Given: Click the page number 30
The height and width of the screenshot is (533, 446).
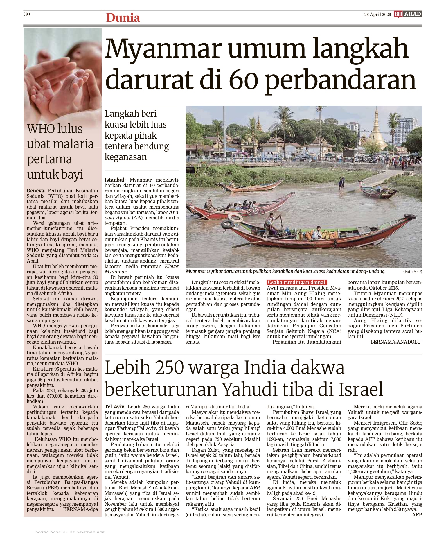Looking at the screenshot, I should (x=27, y=14).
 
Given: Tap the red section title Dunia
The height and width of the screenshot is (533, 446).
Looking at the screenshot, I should (x=123, y=18).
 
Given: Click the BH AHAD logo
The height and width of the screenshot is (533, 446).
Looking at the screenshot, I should (x=408, y=14).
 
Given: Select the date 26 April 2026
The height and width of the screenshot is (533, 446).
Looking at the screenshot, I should (x=377, y=15).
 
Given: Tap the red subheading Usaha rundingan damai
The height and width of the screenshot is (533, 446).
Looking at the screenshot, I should (x=296, y=282).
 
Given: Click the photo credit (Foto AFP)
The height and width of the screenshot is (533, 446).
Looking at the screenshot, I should (x=412, y=272).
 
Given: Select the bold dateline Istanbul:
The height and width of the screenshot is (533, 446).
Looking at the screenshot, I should (x=115, y=180).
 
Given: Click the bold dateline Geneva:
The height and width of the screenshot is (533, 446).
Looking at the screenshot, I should (x=36, y=191).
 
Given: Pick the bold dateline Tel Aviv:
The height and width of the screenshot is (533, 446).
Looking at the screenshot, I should (x=115, y=407).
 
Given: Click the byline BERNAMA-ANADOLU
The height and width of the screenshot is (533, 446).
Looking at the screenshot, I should (x=395, y=342).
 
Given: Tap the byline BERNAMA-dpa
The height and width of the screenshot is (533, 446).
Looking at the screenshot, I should (x=80, y=509).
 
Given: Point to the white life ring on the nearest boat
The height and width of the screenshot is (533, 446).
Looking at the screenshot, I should (x=235, y=217).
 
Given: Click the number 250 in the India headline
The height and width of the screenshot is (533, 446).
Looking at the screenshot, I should (x=169, y=368).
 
